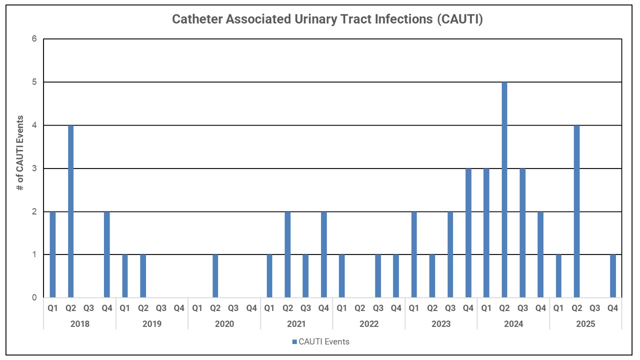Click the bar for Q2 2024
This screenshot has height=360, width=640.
[x=504, y=190]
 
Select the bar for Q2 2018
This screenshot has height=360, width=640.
[x=70, y=211]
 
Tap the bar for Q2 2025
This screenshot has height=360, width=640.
[x=576, y=211]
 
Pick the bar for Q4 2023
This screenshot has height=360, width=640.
[x=468, y=233]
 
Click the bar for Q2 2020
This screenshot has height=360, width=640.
[x=215, y=276]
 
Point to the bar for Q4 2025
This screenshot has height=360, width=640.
[x=613, y=276]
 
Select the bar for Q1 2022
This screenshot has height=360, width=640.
[x=341, y=276]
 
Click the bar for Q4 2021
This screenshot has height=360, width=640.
[x=323, y=254]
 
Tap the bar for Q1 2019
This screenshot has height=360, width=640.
[x=125, y=276]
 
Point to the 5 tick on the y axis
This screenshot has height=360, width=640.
[x=34, y=82]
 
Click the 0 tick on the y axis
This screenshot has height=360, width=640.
[x=34, y=298]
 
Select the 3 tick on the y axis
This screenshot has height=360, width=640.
[x=34, y=168]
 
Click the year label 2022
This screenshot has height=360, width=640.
[x=368, y=324]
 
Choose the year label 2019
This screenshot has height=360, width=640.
[x=152, y=324]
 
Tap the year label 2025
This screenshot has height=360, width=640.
[x=585, y=324]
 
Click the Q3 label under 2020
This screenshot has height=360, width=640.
[x=233, y=308]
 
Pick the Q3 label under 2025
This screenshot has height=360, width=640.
[x=595, y=308]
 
